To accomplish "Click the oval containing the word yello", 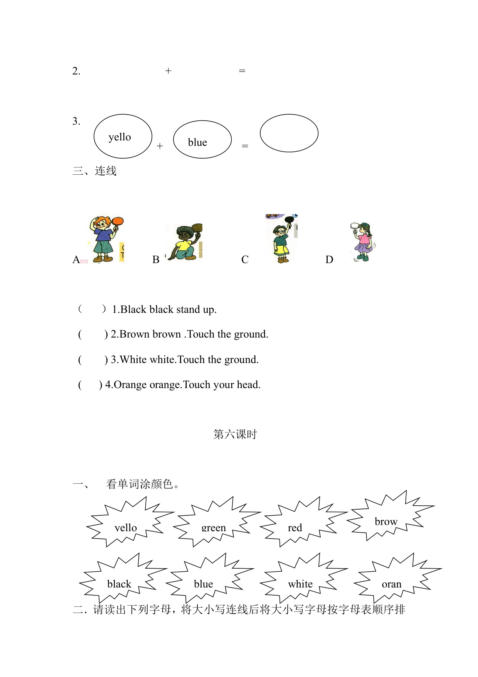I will coord(123,136).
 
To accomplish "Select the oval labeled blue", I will coord(202,140).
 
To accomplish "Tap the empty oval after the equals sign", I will coord(289,133).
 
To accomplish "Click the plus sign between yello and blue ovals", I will coord(160,146).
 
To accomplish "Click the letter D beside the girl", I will coord(329,260).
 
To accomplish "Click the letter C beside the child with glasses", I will coord(245,260).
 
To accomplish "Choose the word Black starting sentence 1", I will coord(133,309).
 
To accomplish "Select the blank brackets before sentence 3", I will coord(93,360).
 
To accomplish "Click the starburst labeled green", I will coord(214,523).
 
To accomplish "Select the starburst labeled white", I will coord(301,579).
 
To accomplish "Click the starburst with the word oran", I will coord(395,579).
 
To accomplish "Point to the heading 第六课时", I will coord(235,434).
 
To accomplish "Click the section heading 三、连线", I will coord(94,171).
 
